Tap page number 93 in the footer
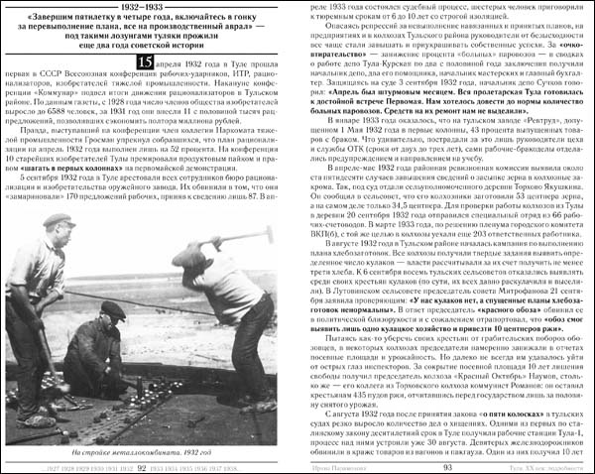(448, 466)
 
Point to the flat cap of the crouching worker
(113, 309)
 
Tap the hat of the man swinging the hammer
(188, 256)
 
